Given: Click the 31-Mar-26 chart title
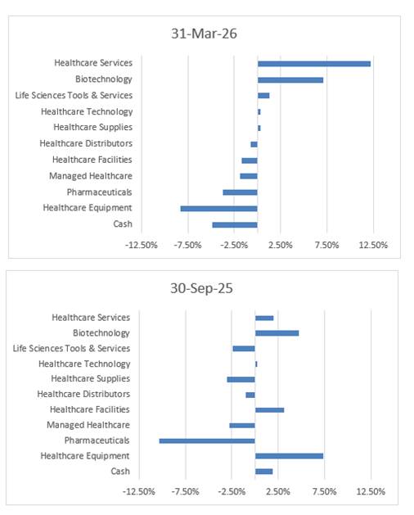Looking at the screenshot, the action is [204, 34].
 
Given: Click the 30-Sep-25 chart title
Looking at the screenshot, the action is [201, 288].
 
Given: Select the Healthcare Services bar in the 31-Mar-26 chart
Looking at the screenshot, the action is [314, 64].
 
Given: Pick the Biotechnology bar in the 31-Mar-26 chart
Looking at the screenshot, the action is [290, 80].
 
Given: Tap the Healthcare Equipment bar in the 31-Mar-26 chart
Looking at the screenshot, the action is [219, 209].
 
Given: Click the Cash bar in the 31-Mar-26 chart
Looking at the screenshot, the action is [235, 225].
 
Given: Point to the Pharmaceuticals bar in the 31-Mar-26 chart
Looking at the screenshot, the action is [240, 192].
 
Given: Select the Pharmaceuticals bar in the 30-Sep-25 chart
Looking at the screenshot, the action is [207, 440].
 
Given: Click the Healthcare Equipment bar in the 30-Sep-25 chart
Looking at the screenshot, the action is [290, 456].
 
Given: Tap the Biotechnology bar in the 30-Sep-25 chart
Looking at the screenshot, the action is [277, 333].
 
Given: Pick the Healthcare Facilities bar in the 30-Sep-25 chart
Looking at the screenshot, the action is [269, 410].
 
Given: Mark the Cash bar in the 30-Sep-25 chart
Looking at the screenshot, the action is [264, 472].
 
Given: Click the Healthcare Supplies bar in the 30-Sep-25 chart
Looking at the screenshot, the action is [241, 380].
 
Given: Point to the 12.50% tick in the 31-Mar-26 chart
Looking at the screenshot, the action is [373, 245].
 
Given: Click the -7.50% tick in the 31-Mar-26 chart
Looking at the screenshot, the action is [187, 245].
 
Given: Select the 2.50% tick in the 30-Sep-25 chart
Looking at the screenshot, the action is [278, 492].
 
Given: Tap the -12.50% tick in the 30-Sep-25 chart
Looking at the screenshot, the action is [138, 492].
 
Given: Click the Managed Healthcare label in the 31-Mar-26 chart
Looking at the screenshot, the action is [91, 176].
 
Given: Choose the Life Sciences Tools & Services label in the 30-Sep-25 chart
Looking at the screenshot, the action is [71, 349].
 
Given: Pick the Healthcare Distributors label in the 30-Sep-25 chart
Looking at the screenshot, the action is [83, 394].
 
